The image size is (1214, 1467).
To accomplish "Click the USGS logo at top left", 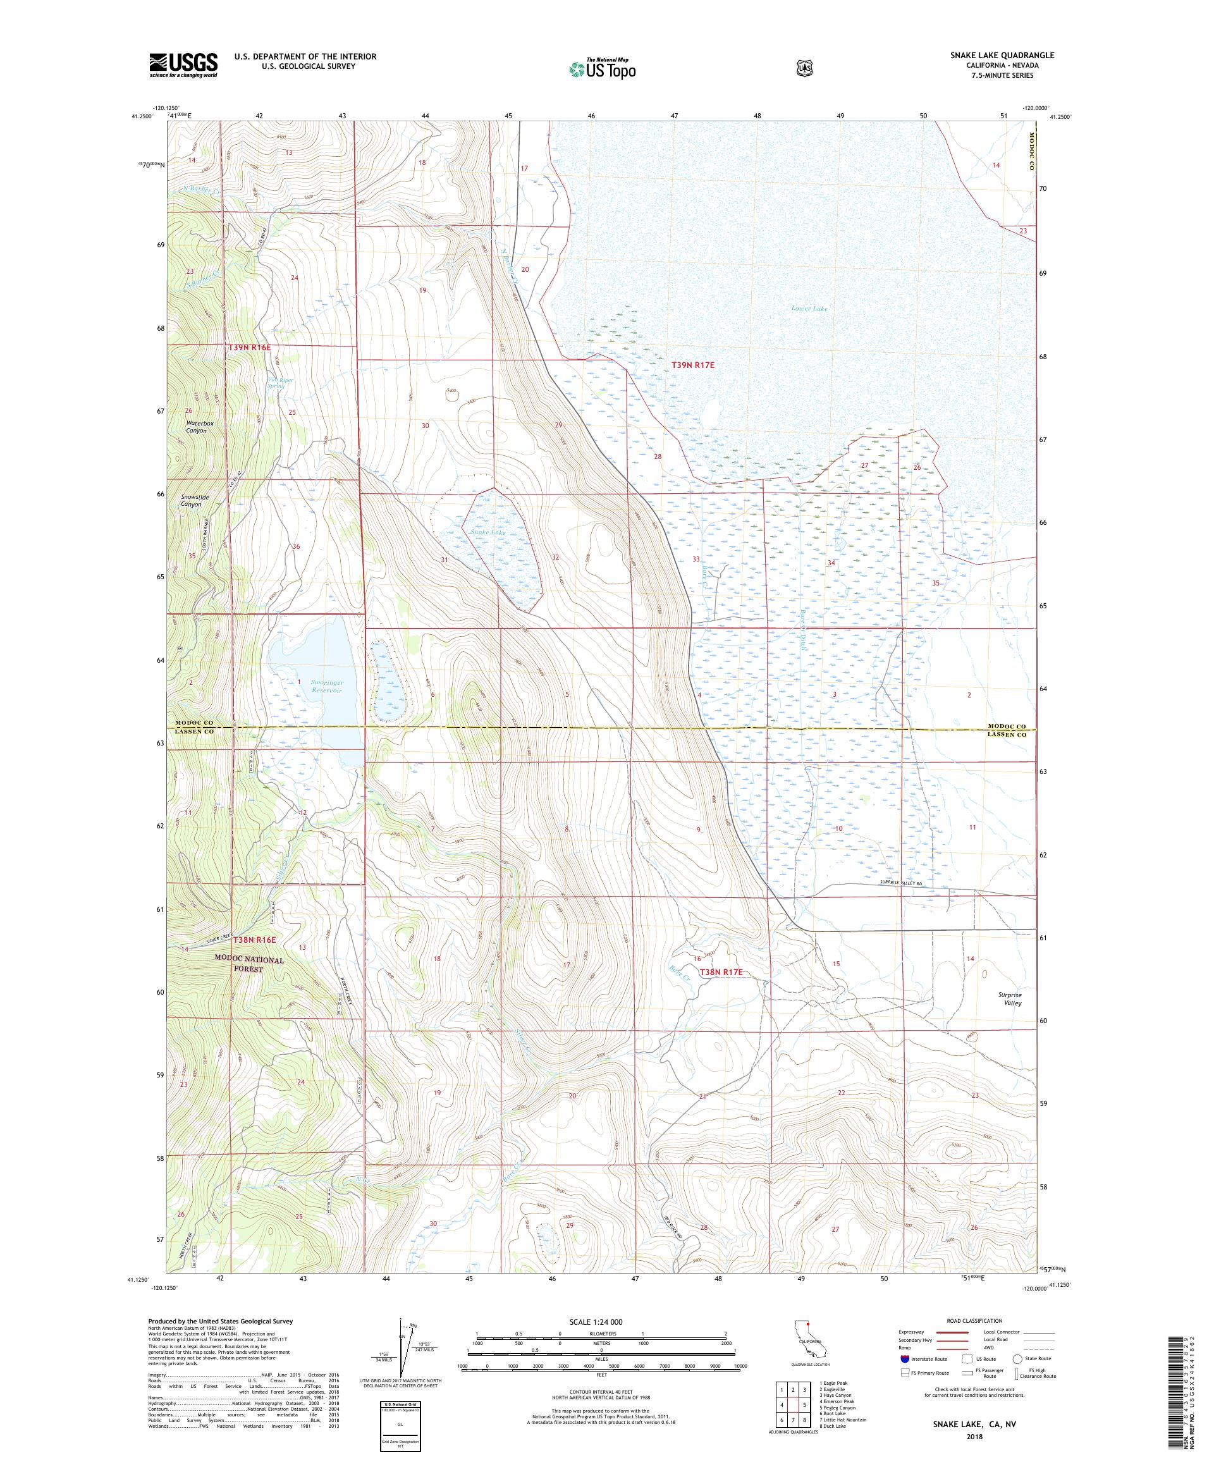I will [x=183, y=65].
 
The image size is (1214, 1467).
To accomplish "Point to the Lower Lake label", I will [x=809, y=308].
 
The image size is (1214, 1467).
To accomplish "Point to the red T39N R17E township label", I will [x=693, y=365].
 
